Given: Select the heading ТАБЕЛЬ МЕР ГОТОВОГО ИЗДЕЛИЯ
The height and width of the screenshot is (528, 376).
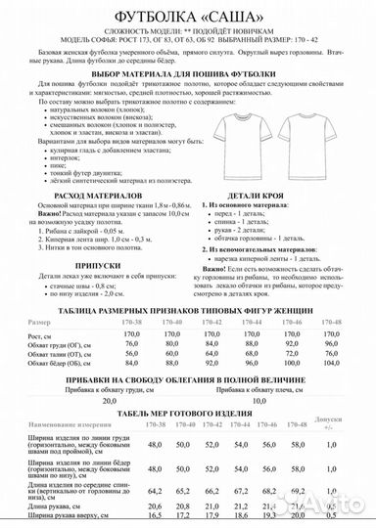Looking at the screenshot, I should pyautogui.click(x=187, y=385).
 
